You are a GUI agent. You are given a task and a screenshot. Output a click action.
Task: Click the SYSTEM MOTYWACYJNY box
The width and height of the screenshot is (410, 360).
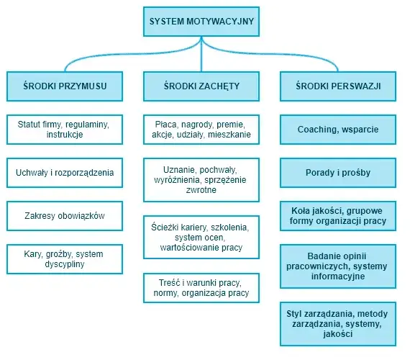201,22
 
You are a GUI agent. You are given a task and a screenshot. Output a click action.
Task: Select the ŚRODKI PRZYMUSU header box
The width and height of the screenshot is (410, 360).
65,86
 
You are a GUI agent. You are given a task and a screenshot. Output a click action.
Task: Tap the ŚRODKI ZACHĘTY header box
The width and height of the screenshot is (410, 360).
201,86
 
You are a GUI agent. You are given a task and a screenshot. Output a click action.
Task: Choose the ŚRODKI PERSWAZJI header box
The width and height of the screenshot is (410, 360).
338,86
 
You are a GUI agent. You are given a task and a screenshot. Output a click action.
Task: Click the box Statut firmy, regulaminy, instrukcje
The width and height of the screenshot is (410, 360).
65,130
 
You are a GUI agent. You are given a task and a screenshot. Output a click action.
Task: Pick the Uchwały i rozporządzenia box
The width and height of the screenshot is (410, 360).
65,173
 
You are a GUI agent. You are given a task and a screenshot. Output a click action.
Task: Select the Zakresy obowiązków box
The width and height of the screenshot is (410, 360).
65,216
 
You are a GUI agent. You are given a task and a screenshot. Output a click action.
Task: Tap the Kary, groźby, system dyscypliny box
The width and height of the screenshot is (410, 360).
65,259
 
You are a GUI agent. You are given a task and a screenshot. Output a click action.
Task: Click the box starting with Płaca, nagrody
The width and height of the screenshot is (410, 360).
201,130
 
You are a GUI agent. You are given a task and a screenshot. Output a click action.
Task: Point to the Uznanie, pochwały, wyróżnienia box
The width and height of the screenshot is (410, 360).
201,179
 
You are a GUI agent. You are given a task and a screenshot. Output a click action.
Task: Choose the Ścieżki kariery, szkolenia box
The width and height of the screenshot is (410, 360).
201,237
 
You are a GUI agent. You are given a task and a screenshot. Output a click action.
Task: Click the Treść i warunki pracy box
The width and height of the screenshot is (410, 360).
201,288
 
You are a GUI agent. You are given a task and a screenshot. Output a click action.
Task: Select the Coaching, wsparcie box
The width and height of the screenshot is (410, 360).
338,130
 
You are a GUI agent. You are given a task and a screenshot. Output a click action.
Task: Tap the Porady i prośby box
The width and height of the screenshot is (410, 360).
338,173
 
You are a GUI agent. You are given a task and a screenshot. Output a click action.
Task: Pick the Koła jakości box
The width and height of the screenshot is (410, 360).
338,216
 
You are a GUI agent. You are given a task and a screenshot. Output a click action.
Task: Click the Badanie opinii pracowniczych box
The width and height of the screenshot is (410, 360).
338,266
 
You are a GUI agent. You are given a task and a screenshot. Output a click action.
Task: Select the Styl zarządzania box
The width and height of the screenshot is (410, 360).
338,324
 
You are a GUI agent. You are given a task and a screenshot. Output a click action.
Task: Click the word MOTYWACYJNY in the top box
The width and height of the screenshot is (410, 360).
220,22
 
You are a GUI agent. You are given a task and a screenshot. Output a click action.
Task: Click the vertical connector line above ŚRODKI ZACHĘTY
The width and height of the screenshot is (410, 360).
201,54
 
